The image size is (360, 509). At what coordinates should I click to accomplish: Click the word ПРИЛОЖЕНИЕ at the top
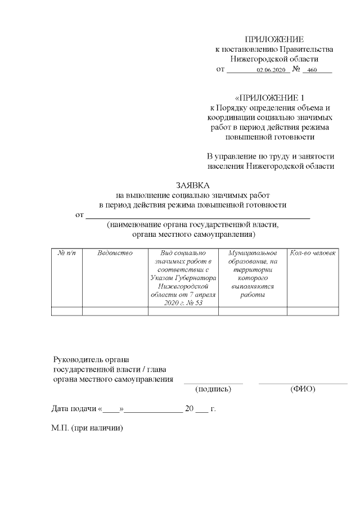tap(274, 39)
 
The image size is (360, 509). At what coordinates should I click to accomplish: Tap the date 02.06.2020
tap(272, 70)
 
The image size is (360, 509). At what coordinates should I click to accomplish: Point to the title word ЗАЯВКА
tap(193, 185)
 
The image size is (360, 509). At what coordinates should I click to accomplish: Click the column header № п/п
tap(66, 254)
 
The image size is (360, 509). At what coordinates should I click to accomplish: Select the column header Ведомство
tap(115, 254)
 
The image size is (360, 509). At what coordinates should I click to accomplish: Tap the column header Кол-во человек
tap(313, 254)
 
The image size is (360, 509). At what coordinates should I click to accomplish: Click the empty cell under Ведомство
tap(115, 312)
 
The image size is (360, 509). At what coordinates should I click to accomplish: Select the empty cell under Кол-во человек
tap(313, 312)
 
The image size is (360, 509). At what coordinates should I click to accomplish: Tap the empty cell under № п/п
tap(66, 312)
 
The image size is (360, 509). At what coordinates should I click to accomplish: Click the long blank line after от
tap(197, 217)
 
